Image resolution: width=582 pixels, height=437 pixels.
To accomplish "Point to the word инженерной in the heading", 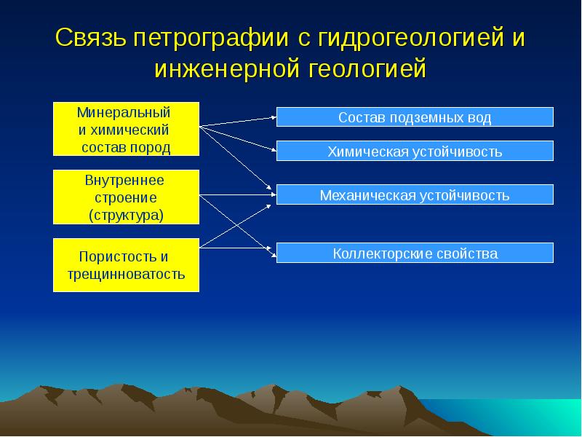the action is coord(226,68).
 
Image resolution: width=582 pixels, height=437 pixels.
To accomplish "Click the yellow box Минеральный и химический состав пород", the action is coord(126,129).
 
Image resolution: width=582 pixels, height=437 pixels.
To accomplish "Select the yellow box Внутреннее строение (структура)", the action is coord(126,197).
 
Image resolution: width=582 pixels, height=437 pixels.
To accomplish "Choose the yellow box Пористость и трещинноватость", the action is coord(126,265).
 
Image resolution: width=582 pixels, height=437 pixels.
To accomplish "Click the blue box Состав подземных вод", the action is coord(415,117).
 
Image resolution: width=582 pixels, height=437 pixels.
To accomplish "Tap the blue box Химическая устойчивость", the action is coord(415,151).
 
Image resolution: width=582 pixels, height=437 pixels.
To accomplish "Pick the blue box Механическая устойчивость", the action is coord(415,194).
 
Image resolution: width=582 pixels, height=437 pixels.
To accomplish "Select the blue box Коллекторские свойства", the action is coord(415,253).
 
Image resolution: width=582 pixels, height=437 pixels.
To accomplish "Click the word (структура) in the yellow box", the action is coord(126,215).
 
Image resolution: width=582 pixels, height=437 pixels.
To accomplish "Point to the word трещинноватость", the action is coord(126,274).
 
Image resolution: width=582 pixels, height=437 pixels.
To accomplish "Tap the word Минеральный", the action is coord(124,112).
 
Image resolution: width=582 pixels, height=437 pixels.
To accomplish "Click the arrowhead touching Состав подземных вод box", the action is coord(274,117).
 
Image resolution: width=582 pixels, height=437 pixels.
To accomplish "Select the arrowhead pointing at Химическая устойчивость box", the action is coord(274,150).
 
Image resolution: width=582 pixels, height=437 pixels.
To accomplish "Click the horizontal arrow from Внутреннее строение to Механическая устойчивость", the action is coord(238,194).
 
